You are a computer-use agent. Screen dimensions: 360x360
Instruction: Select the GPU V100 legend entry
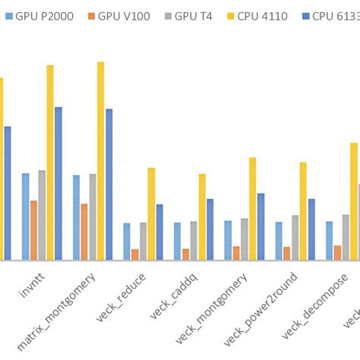point(124,15)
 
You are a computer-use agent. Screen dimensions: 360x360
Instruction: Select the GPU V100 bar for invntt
point(33,230)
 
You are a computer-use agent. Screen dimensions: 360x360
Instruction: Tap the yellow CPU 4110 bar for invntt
point(50,163)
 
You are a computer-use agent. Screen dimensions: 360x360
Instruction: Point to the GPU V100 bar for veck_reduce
point(135,254)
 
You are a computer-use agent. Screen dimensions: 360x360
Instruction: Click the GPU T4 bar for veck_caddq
point(194,241)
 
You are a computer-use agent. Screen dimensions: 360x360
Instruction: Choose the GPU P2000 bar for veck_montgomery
point(228,240)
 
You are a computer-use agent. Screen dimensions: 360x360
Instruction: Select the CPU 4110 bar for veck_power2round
point(303,211)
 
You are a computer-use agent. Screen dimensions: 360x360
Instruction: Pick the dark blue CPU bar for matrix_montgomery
point(109,185)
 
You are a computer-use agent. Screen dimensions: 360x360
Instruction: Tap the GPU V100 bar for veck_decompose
point(337,252)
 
